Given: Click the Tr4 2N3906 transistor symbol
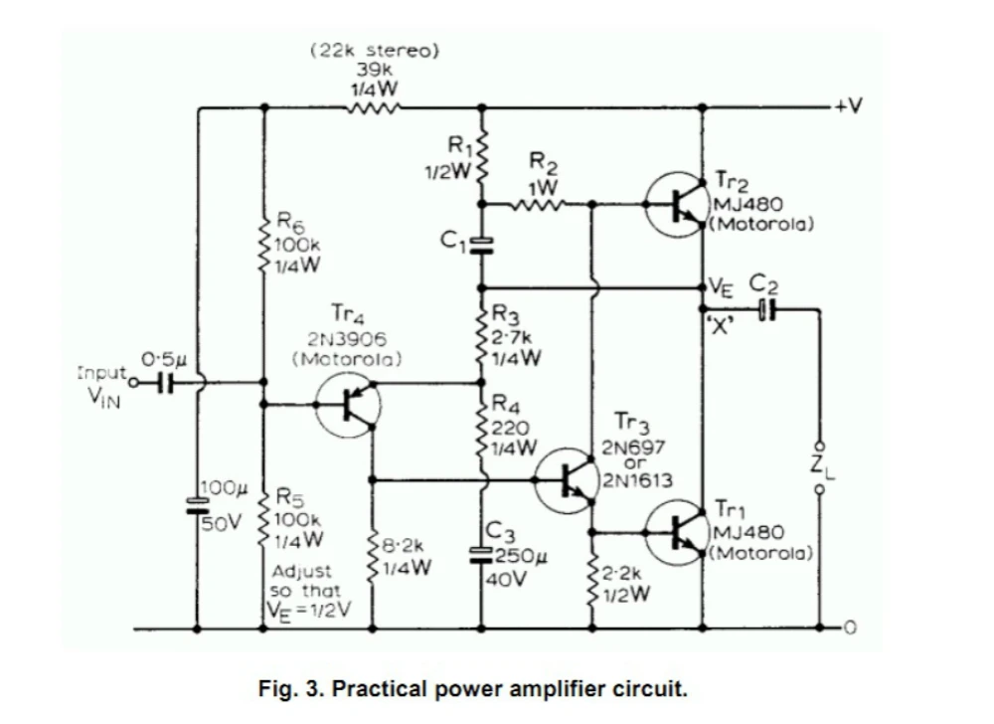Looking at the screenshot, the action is pos(348,405).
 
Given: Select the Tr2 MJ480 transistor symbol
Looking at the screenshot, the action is pos(677,204).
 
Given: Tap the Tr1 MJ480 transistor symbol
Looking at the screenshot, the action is pos(677,533).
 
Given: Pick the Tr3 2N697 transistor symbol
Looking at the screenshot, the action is pos(567,480).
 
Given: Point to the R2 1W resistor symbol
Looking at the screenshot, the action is pos(538,204).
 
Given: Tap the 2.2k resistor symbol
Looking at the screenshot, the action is pos(592,583).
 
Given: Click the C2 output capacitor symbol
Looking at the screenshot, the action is pos(767,309).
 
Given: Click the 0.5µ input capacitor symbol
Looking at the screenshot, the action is pos(165,382).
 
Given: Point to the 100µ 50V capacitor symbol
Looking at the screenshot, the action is pos(197,505).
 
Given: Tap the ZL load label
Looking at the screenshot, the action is pos(822,467).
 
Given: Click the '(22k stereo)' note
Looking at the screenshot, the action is pos(374,50).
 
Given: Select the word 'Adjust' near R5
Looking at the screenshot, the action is pos(301,571).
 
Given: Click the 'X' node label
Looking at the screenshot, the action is pos(720,327).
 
